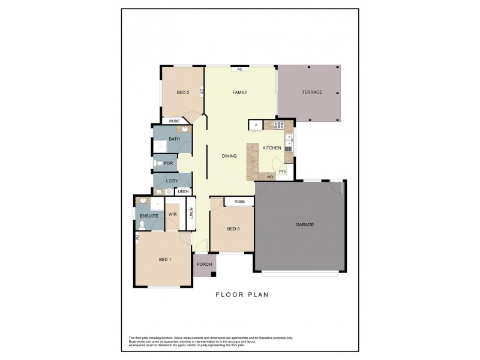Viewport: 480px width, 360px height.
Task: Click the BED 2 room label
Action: [x=183, y=92]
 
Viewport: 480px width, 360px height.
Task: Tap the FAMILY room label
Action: [x=240, y=92]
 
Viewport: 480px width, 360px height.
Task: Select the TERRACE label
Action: [x=312, y=92]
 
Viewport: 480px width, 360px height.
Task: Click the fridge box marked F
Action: [x=256, y=125]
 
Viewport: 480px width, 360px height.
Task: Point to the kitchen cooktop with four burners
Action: [x=279, y=125]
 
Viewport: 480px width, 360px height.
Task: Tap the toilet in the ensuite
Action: [x=142, y=225]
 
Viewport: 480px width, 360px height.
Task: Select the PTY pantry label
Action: [x=282, y=173]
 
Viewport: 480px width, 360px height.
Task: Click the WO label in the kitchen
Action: [x=269, y=177]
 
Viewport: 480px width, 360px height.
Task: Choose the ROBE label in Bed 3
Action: [x=239, y=202]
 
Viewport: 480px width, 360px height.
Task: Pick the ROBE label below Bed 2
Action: [x=174, y=121]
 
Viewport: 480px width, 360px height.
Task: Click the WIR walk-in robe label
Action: [x=172, y=214]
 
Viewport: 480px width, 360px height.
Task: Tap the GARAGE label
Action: [x=305, y=224]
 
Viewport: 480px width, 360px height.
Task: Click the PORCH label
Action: [x=205, y=264]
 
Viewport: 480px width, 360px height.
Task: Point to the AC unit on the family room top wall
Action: [x=239, y=69]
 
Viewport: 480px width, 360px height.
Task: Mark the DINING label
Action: [x=229, y=156]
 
